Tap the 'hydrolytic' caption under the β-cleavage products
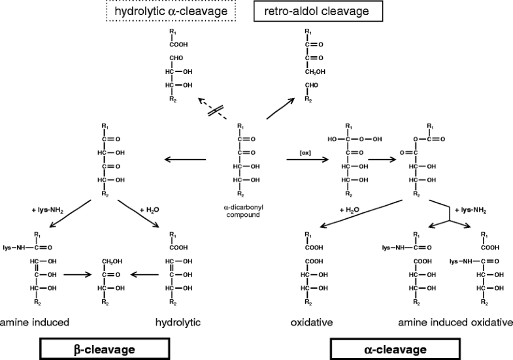click(x=178, y=322)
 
